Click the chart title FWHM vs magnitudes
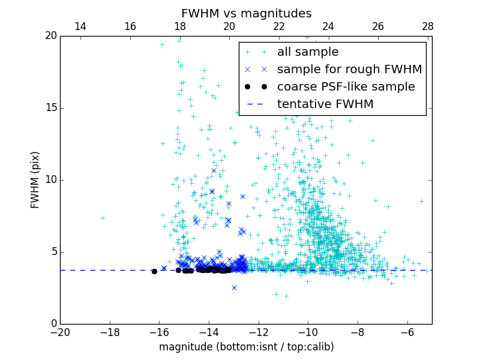click(x=246, y=13)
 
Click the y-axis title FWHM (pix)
click(x=35, y=180)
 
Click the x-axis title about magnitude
click(x=246, y=347)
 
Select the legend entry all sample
click(x=307, y=52)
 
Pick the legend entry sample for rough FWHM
click(x=349, y=70)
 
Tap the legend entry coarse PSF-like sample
click(x=346, y=86)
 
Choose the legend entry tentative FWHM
click(x=325, y=104)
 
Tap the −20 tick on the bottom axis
click(x=60, y=332)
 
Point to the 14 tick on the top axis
click(x=80, y=26)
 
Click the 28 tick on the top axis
click(x=427, y=26)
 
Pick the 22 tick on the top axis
click(x=278, y=26)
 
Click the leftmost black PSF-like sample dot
click(x=154, y=271)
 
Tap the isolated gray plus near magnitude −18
click(x=103, y=218)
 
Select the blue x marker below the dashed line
click(x=234, y=287)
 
